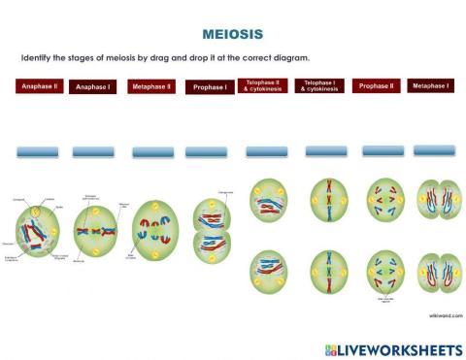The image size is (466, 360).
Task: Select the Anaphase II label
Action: click(40, 86)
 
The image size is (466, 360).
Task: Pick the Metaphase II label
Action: click(151, 86)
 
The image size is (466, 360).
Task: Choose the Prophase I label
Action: click(209, 87)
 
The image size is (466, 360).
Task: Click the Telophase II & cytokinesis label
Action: click(263, 86)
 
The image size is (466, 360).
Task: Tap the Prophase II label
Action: click(376, 86)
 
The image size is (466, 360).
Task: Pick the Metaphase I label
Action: click(430, 86)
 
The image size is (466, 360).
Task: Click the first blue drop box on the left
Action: click(39, 152)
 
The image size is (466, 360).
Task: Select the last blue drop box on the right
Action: click(434, 150)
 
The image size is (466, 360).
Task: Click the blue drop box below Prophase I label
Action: click(207, 152)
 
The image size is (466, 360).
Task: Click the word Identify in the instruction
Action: click(36, 58)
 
